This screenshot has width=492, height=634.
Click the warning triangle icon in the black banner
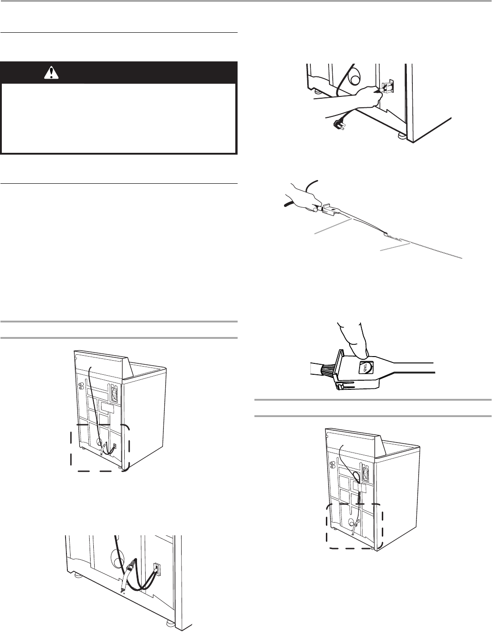[51, 73]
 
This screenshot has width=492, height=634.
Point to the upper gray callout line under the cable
[333, 226]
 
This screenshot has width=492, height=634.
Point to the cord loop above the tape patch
[355, 474]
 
